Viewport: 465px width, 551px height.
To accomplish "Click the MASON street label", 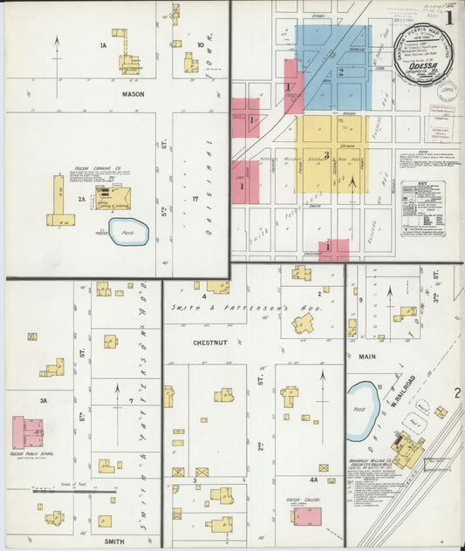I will click(133, 93).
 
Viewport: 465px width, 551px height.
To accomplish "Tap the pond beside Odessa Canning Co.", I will click(128, 231).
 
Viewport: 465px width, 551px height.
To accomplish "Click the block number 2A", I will click(83, 200).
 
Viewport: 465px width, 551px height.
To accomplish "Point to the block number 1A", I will click(103, 45).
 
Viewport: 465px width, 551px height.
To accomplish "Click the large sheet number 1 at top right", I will click(448, 16).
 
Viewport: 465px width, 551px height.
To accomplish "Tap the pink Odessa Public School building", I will click(28, 432).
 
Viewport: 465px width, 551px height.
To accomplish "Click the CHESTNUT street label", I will click(211, 343).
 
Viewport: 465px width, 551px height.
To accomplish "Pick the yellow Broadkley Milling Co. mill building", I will click(407, 450).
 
